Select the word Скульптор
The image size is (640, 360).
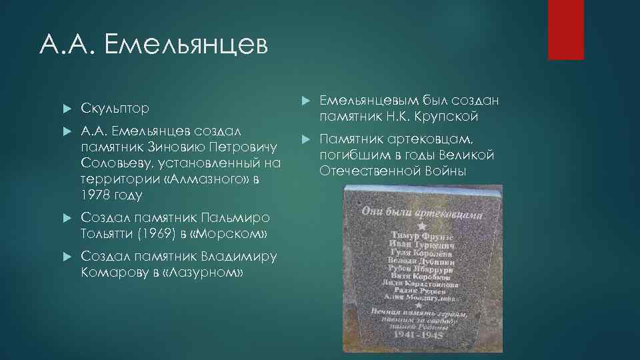115,108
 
